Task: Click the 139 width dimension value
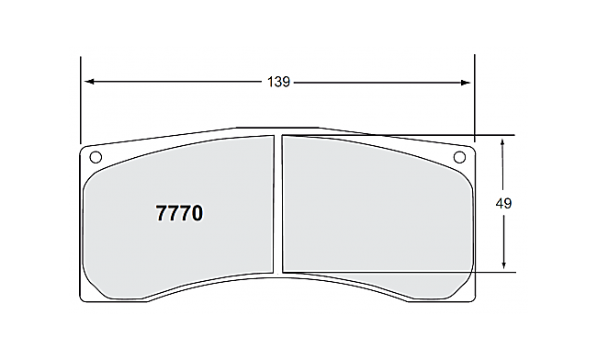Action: (279, 83)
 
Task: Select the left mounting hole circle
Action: (94, 155)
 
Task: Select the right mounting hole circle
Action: (460, 156)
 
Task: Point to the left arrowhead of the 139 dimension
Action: (88, 83)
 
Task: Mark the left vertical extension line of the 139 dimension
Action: (81, 101)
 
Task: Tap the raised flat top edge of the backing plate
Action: (277, 128)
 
